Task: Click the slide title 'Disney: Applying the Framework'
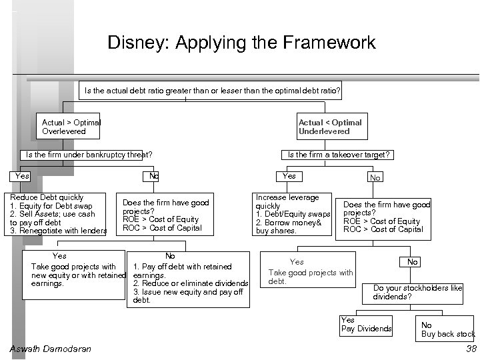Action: [241, 43]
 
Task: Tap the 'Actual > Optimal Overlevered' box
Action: [71, 127]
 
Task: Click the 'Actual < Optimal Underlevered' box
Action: [330, 127]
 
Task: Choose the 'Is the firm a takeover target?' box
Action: [338, 155]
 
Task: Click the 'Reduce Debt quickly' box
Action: [57, 214]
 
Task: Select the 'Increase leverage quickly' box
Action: [293, 214]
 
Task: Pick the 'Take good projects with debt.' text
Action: [310, 273]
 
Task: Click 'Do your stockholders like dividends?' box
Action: [417, 292]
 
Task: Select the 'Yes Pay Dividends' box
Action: [366, 325]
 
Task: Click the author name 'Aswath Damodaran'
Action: [51, 349]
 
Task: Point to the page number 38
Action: [471, 349]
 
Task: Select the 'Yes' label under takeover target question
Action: [289, 176]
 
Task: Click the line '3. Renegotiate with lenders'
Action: [58, 231]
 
